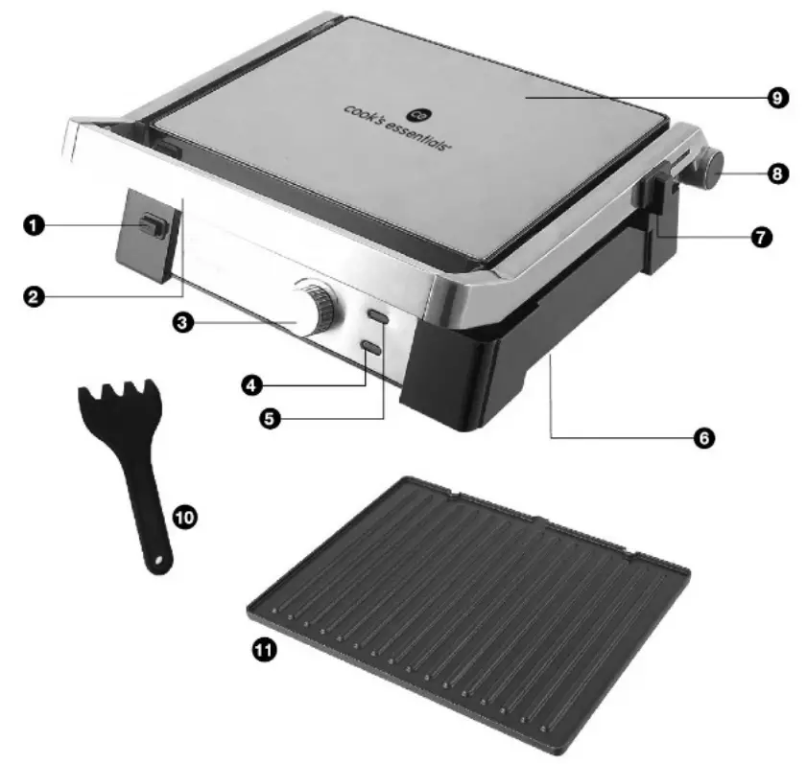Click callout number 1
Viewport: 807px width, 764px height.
point(34,225)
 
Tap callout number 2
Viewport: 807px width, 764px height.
point(34,297)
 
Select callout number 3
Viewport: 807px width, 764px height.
point(182,323)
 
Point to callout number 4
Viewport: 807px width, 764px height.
point(251,384)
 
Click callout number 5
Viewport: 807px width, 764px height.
point(271,419)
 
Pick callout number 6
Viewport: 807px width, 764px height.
point(704,438)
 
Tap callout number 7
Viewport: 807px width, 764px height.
point(762,237)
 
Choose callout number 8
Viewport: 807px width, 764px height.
point(777,174)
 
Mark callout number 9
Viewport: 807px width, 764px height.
point(777,98)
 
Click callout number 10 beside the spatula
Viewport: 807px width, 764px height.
point(185,517)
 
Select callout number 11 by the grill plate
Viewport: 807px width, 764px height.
point(264,650)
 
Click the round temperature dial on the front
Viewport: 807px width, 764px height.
point(315,308)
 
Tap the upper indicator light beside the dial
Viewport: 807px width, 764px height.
point(378,316)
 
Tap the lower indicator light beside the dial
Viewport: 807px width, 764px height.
point(372,348)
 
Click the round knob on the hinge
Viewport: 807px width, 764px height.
point(710,169)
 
